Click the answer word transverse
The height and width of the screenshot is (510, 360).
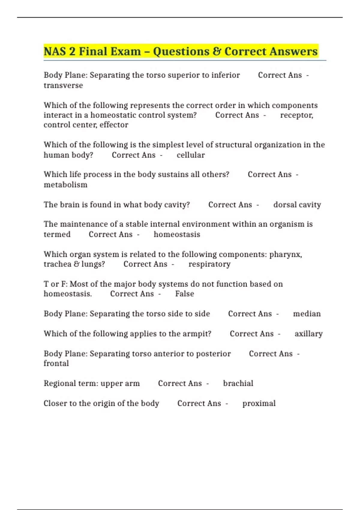[x=63, y=85]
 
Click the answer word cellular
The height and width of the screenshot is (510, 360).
[x=190, y=155]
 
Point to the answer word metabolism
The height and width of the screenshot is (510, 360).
[x=65, y=185]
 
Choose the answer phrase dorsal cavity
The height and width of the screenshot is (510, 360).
[x=297, y=205]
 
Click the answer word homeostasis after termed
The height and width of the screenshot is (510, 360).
[x=177, y=234]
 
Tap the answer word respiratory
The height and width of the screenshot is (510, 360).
[x=209, y=264]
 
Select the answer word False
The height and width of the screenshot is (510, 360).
[x=184, y=294]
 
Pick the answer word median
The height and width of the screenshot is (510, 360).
[x=307, y=314]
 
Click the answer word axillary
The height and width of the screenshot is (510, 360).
[x=308, y=334]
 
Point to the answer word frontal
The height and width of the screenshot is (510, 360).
[x=56, y=363]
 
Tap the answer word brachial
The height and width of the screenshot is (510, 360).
[x=238, y=383]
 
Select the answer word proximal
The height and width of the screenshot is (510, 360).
[x=259, y=403]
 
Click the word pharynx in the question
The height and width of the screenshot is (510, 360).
[x=285, y=254]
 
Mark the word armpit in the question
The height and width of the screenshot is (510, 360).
[x=197, y=334]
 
